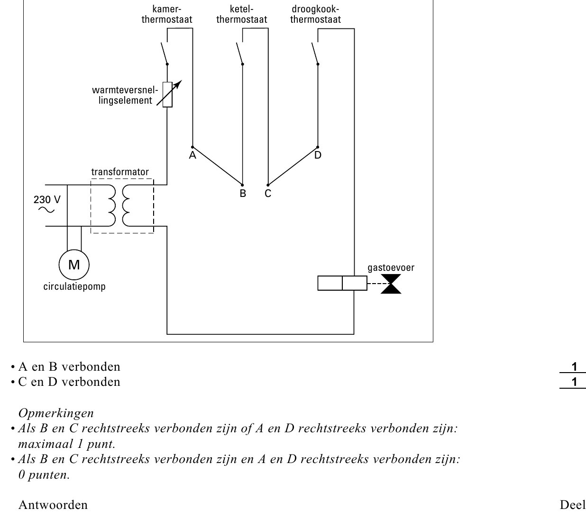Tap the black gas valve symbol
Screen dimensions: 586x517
click(391, 284)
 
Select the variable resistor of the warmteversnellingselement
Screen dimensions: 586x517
click(167, 94)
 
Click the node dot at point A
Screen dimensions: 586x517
click(192, 147)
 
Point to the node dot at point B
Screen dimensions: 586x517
click(242, 185)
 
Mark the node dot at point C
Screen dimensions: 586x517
click(268, 185)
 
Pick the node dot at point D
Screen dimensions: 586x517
click(318, 147)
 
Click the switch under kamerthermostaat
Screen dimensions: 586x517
click(165, 53)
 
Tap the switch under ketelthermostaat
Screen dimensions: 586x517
click(240, 53)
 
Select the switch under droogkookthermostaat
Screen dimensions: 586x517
click(315, 53)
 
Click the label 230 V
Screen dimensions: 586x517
click(47, 200)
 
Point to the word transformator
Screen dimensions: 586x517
click(120, 172)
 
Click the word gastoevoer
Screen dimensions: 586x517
click(391, 268)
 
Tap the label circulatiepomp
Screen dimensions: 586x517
click(74, 286)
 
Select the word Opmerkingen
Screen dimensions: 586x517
click(56, 413)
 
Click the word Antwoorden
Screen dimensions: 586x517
click(53, 505)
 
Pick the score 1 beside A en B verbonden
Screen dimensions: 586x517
click(574, 367)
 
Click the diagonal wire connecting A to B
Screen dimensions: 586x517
click(218, 166)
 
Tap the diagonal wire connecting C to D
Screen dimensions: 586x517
click(293, 166)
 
